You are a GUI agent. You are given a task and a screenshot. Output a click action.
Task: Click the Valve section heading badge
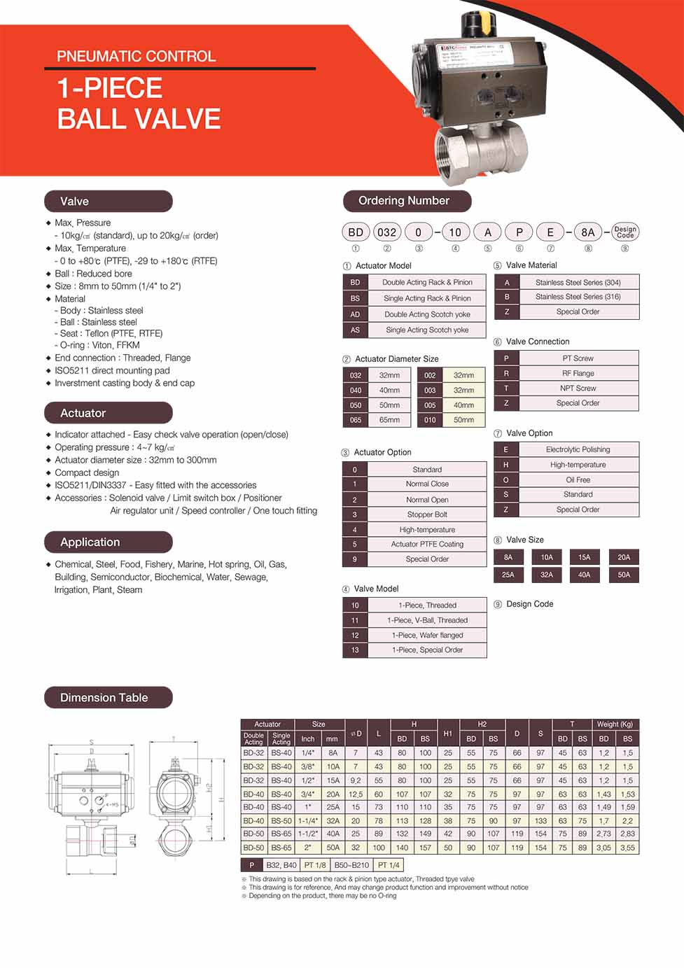tap(108, 201)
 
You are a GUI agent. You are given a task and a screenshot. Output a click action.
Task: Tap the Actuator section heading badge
tap(108, 413)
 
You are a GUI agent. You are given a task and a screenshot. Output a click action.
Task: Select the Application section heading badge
tap(108, 542)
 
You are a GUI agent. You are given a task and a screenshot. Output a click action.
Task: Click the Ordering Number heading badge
tap(407, 201)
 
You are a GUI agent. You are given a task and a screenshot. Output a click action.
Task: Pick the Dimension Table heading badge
tap(108, 697)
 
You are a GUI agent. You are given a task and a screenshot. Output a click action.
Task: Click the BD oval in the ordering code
tap(356, 232)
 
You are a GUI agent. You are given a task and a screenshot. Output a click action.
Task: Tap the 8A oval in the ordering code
tap(587, 232)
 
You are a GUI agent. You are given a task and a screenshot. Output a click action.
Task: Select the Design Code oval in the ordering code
tap(624, 232)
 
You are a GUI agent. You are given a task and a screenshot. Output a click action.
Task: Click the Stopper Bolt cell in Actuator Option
tap(427, 514)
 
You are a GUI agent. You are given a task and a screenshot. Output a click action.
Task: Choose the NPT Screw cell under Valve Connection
tap(578, 388)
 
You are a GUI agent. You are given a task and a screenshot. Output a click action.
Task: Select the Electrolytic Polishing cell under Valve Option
tap(578, 449)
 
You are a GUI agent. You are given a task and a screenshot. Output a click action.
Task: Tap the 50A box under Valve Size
tap(624, 575)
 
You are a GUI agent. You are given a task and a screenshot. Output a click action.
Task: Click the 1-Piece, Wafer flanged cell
tap(427, 635)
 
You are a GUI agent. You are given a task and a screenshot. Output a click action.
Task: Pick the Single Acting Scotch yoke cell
tap(427, 330)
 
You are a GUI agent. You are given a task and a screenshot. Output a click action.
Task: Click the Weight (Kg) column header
tap(615, 724)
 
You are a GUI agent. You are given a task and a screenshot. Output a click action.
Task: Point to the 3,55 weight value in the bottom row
tap(627, 848)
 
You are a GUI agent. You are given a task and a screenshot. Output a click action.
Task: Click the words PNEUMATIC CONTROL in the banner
tap(136, 56)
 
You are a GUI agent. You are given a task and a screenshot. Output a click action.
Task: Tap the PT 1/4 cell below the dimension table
tap(388, 865)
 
